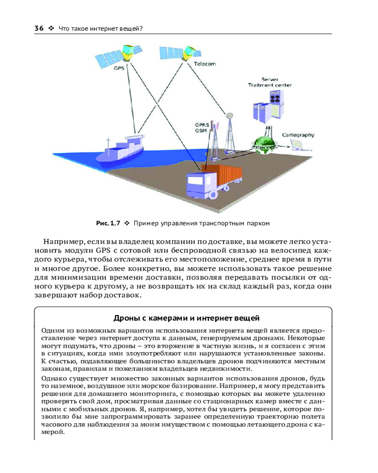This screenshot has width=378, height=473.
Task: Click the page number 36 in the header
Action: [x=39, y=28]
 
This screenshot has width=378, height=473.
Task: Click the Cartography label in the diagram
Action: [x=298, y=135]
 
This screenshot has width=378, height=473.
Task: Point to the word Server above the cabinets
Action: [x=270, y=79]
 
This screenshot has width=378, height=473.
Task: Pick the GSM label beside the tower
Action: [x=201, y=131]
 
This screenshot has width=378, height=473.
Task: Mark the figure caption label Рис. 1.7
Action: [x=109, y=222]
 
